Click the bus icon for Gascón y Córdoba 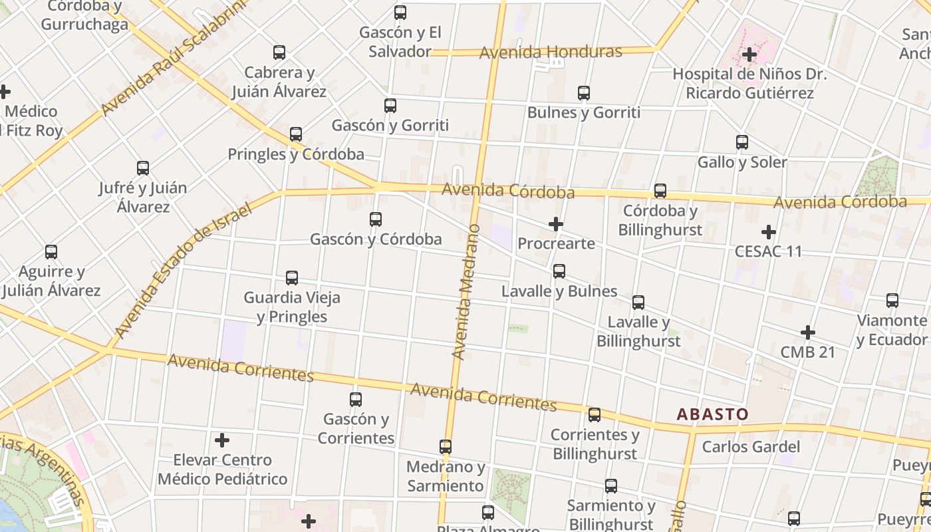[376, 219]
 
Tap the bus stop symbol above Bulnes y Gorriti [584, 93]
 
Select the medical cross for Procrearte [556, 225]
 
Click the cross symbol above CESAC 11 [769, 232]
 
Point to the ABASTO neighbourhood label [712, 414]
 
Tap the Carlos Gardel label [751, 447]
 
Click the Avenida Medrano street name [465, 293]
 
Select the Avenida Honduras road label [551, 52]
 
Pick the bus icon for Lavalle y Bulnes [559, 271]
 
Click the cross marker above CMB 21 [808, 332]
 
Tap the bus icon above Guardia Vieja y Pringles [292, 278]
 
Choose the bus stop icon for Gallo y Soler [742, 142]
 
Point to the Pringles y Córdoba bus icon [296, 135]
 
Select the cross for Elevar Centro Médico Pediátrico [222, 440]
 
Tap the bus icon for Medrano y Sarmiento [446, 447]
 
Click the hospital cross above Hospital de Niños [750, 55]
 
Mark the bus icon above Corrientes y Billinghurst [595, 415]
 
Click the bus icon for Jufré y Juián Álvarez [143, 168]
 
